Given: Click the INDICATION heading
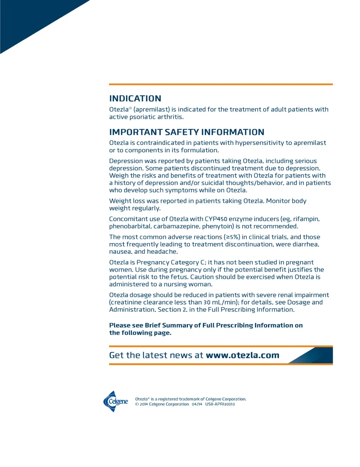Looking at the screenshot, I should [135, 99].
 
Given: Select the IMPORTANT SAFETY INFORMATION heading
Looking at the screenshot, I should [186, 132].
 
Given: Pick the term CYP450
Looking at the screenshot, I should [216, 219].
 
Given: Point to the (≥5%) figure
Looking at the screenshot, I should [232, 237].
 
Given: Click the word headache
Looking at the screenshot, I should [162, 252].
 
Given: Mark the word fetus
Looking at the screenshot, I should [178, 277].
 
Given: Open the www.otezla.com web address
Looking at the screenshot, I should [242, 355].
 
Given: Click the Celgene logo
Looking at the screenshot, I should [115, 401].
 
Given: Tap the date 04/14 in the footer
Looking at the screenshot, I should [197, 404].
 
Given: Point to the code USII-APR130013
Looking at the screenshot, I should [220, 404].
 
